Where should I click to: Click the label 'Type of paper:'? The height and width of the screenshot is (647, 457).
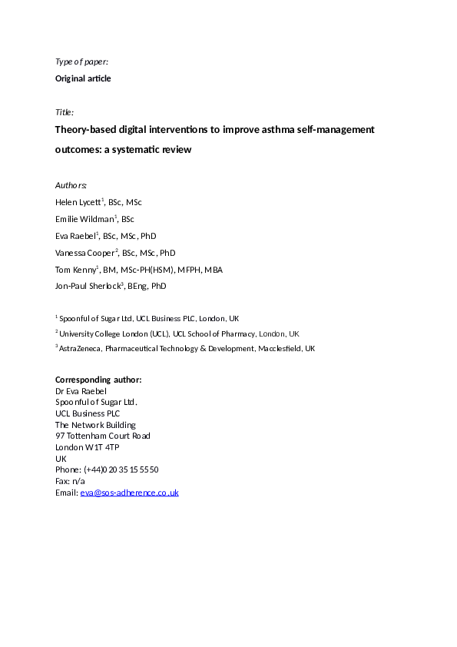[x=81, y=61]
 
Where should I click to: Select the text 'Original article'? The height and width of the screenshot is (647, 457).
[x=83, y=78]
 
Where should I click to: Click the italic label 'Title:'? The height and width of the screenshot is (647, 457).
[x=65, y=112]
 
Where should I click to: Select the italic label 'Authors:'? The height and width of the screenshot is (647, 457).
[x=71, y=185]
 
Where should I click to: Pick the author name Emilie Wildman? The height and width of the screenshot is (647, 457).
[x=83, y=219]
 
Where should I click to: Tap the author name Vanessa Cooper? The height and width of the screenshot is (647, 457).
[x=85, y=253]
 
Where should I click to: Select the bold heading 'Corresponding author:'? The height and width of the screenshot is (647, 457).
[x=98, y=380]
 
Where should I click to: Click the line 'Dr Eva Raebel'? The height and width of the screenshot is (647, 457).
[x=81, y=391]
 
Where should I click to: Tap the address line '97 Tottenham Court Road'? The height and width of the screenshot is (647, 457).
[x=103, y=436]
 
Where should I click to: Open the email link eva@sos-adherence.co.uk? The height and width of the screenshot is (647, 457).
[x=129, y=493]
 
